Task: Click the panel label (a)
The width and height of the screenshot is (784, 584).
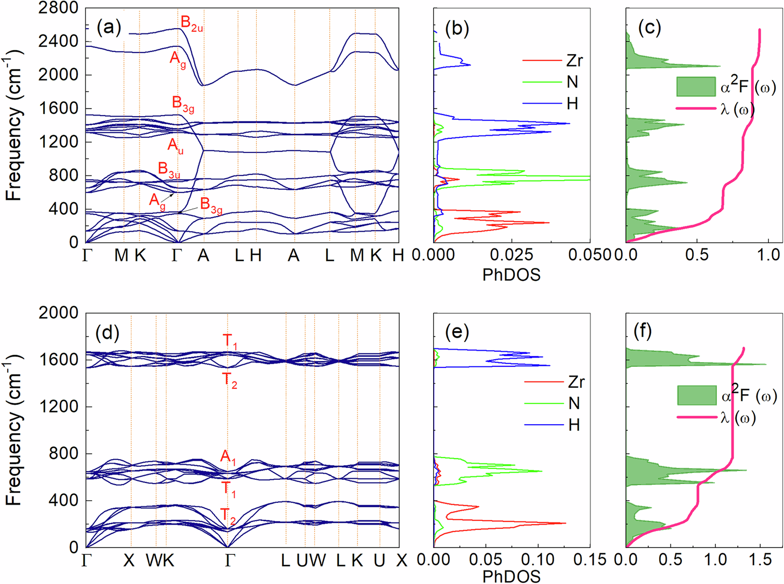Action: [x=109, y=28]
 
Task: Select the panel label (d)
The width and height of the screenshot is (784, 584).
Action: [x=107, y=333]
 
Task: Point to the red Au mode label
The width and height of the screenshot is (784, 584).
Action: [x=175, y=146]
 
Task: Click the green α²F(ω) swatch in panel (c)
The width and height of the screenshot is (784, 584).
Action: [x=696, y=86]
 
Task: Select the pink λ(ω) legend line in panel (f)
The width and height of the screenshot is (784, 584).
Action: [x=697, y=418]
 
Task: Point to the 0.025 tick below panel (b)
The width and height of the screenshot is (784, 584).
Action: [x=511, y=255]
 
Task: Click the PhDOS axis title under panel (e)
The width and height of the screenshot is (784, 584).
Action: [x=511, y=576]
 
